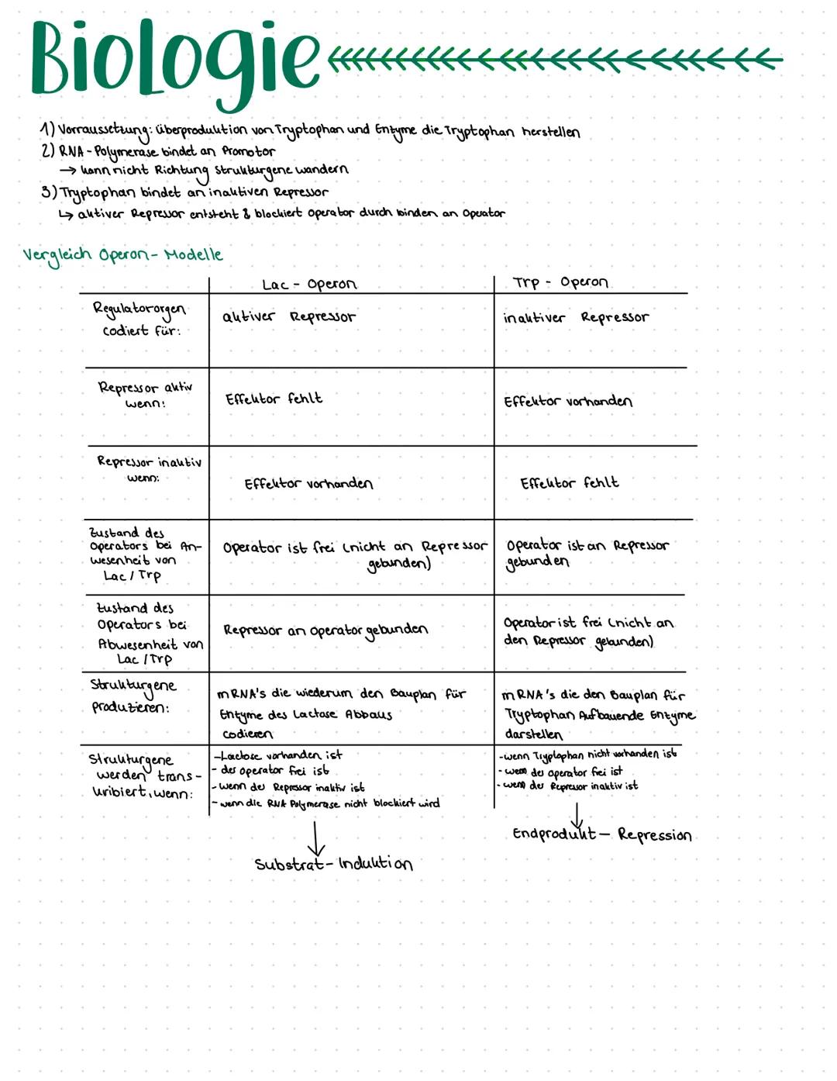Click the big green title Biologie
click(174, 60)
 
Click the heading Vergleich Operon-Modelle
click(122, 255)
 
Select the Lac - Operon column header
click(309, 284)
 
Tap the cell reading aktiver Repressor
click(288, 316)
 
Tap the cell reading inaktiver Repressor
click(576, 318)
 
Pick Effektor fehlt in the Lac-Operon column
click(274, 399)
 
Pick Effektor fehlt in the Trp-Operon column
click(570, 483)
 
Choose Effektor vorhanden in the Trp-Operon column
click(568, 401)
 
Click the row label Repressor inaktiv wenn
click(149, 469)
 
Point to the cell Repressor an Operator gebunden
click(325, 630)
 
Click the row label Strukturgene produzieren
click(133, 696)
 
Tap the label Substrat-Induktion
click(333, 864)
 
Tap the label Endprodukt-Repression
click(601, 834)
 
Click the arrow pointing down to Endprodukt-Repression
click(577, 816)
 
